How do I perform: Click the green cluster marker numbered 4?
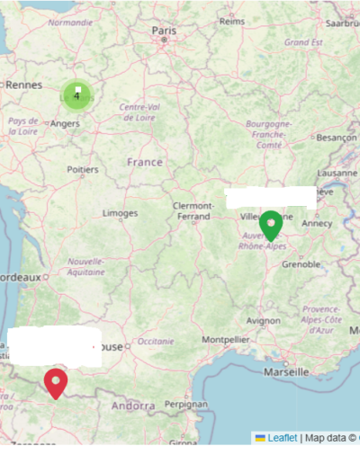click(77, 94)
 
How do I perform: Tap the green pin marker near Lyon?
click(270, 223)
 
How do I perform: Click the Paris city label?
click(164, 31)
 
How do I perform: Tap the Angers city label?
click(65, 123)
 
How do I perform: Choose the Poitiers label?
click(82, 168)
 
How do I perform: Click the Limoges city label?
click(121, 213)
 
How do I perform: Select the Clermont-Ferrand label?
click(193, 210)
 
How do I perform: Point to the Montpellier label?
click(226, 340)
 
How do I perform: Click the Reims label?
click(231, 22)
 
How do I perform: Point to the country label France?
click(145, 162)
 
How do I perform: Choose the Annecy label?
click(317, 223)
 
